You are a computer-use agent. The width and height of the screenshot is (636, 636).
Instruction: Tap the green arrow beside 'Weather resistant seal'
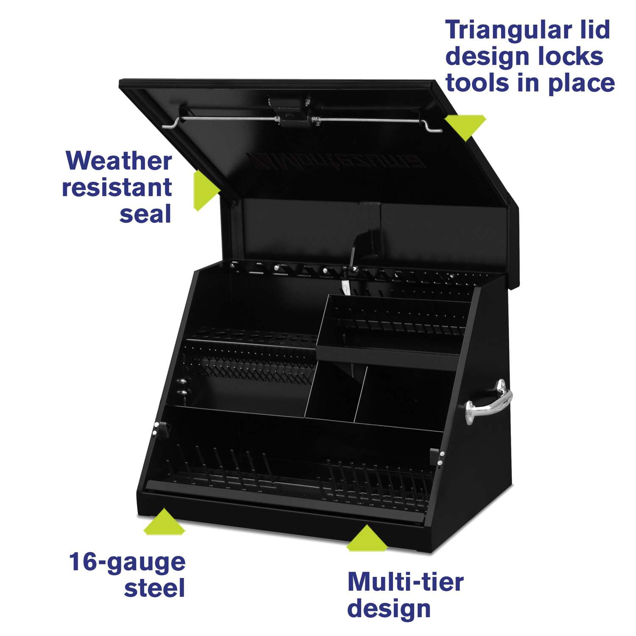point(205,190)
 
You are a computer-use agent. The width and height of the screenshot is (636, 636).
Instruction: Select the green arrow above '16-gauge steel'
point(164,523)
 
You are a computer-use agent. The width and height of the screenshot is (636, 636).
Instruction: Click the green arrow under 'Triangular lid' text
point(466,126)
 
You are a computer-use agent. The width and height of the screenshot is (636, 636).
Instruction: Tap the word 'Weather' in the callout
point(119,161)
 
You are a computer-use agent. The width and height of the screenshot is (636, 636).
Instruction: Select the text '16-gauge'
point(127,562)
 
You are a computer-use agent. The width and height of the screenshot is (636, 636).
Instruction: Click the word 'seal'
point(145,214)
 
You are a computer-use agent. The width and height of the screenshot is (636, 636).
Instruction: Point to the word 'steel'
point(155,589)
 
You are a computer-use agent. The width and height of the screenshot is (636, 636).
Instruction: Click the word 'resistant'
point(117,187)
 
